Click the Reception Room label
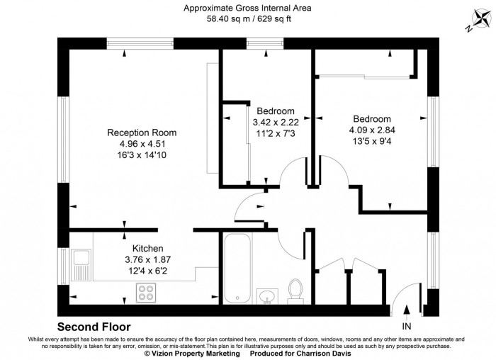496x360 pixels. click(142, 133)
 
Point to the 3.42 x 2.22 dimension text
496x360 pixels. click(276, 122)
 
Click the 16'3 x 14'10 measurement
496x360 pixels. click(142, 154)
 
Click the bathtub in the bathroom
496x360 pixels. click(234, 269)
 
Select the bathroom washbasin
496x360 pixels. click(268, 295)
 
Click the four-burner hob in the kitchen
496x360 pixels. click(147, 291)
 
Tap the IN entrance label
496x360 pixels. click(406, 327)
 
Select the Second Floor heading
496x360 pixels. click(94, 327)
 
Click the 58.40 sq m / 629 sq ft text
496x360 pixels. click(247, 19)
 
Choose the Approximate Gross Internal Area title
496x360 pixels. click(247, 9)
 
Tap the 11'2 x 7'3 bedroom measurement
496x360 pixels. click(276, 133)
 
